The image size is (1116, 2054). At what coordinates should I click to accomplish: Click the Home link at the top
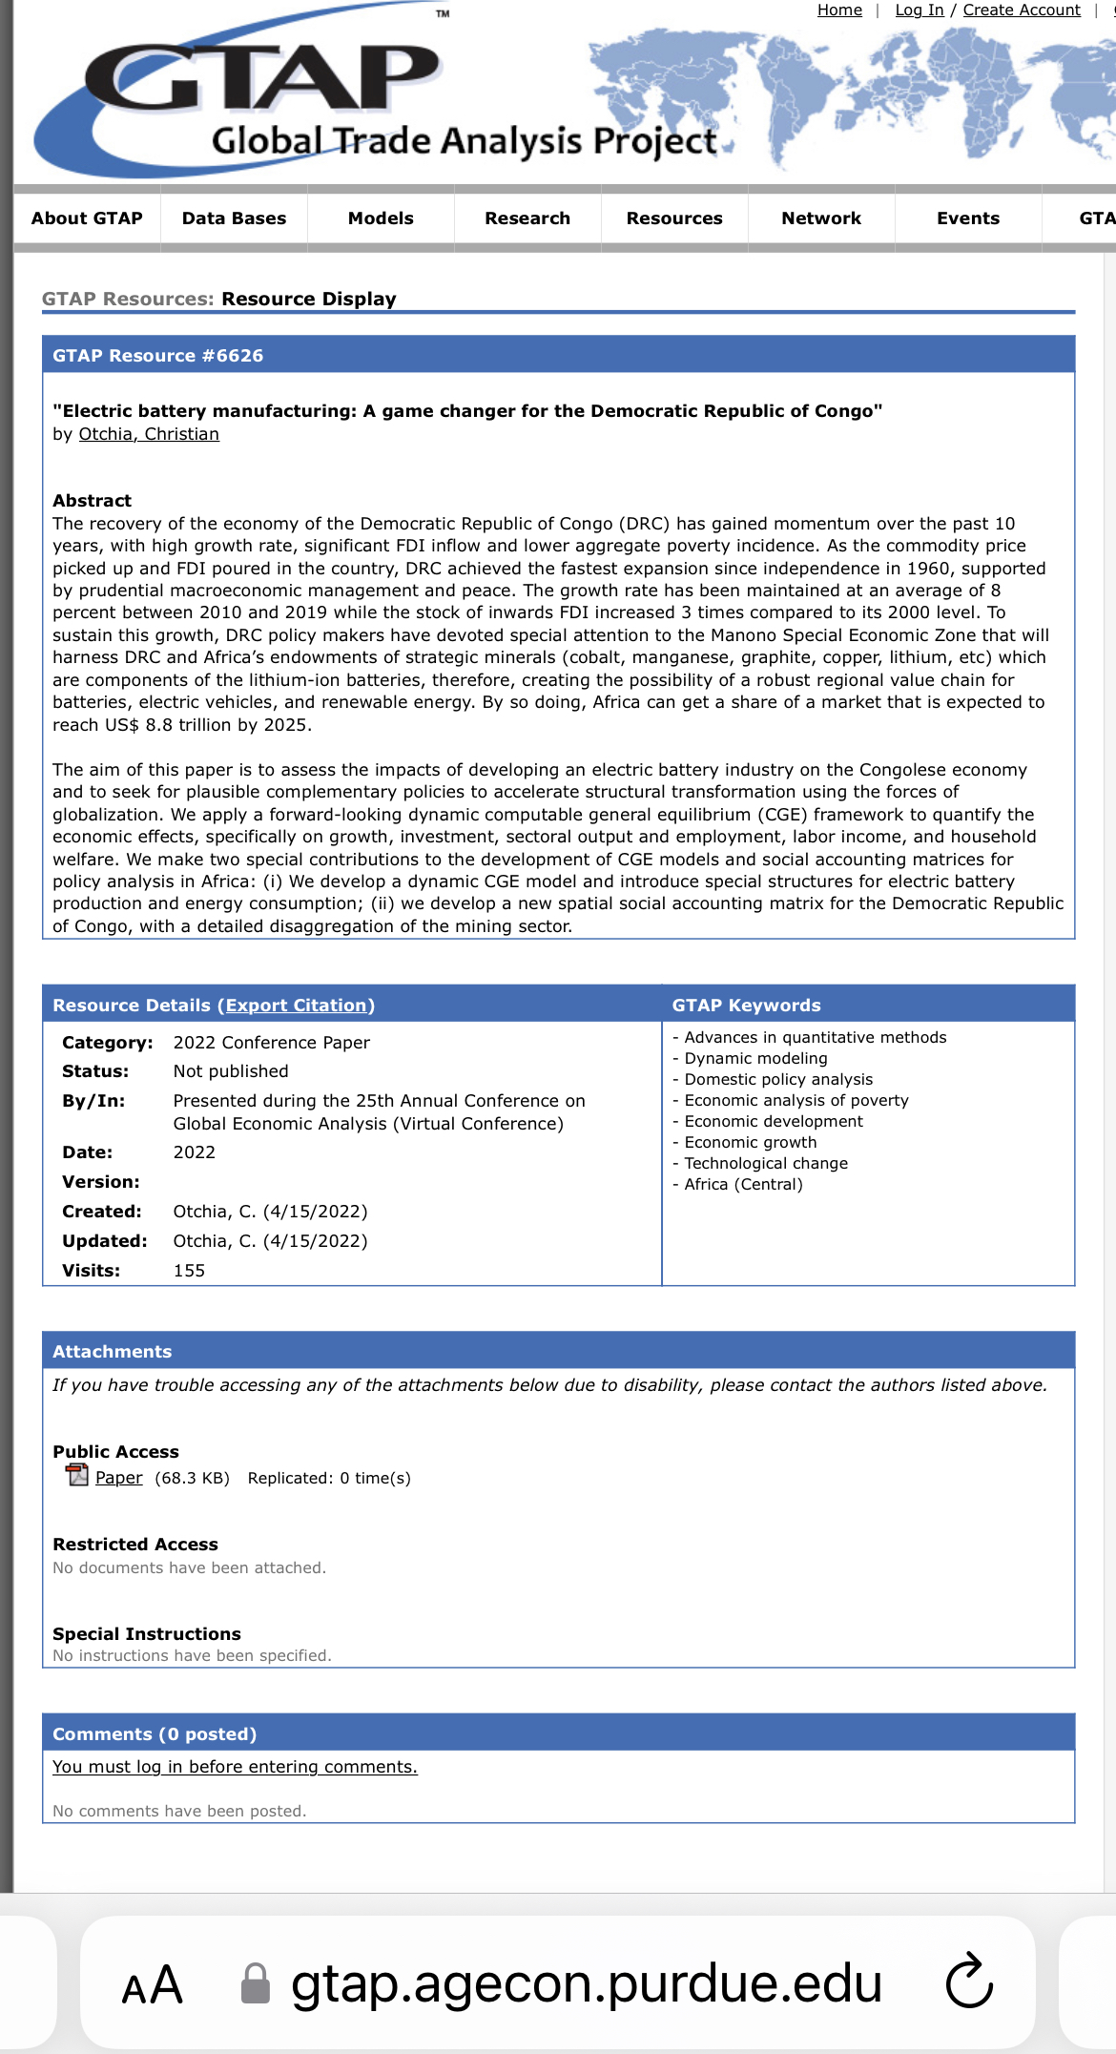[x=839, y=10]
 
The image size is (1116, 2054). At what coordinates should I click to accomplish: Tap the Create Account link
[x=1022, y=10]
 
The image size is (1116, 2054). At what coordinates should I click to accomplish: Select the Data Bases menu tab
[x=234, y=218]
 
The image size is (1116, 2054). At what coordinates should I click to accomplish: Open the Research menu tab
[x=527, y=218]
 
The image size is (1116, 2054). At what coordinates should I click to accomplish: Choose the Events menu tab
[x=968, y=218]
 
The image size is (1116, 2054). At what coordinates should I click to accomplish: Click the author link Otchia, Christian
[x=149, y=434]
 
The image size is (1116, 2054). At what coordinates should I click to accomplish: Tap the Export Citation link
[x=296, y=1006]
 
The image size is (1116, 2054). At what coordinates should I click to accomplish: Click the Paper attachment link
[x=119, y=1478]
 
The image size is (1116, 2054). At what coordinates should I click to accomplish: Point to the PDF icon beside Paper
[x=76, y=1476]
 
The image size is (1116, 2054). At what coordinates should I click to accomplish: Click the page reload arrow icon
[x=969, y=1982]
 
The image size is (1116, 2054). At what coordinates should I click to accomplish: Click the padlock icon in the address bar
[x=255, y=1984]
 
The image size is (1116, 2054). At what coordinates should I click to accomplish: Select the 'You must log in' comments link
[x=235, y=1767]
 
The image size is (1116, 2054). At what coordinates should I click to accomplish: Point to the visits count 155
[x=189, y=1271]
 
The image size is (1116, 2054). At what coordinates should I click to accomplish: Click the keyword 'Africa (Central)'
[x=743, y=1185]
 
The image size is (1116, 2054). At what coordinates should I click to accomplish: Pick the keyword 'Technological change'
[x=766, y=1164]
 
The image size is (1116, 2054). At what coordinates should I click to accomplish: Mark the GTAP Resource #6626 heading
[x=158, y=356]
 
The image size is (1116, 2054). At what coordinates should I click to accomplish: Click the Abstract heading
[x=93, y=501]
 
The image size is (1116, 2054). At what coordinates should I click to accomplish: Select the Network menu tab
[x=821, y=218]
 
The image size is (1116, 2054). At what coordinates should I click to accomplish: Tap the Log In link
[x=920, y=10]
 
